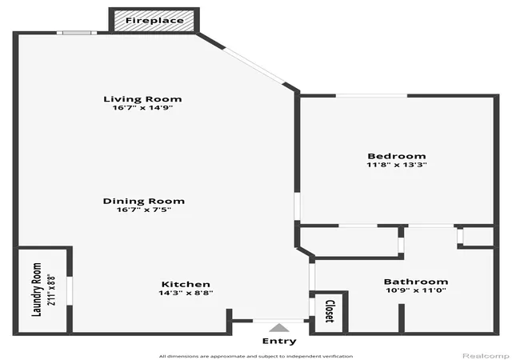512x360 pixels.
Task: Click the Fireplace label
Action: (154, 20)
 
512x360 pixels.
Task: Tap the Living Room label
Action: (142, 99)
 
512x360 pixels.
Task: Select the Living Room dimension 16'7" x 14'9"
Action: (142, 108)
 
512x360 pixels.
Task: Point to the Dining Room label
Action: (144, 201)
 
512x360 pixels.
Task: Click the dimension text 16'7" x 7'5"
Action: (144, 210)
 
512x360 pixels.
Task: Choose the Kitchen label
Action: (186, 284)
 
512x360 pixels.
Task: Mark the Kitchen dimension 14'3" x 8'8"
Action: (186, 293)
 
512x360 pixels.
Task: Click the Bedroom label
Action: (397, 156)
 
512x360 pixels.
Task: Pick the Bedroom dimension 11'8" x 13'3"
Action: (397, 165)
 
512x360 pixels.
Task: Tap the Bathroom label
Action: (416, 282)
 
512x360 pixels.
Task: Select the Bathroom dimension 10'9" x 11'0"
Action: (416, 290)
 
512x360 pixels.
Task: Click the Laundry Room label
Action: (37, 290)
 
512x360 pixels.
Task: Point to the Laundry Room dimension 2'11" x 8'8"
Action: (51, 290)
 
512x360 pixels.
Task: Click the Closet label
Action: (330, 311)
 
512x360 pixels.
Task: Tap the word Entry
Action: (279, 341)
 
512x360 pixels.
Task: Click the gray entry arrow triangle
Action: (279, 328)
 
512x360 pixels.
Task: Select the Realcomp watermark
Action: (486, 356)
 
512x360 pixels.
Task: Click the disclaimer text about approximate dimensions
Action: (256, 356)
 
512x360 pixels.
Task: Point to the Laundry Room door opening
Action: (70, 291)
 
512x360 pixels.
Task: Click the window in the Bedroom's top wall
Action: (371, 96)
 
